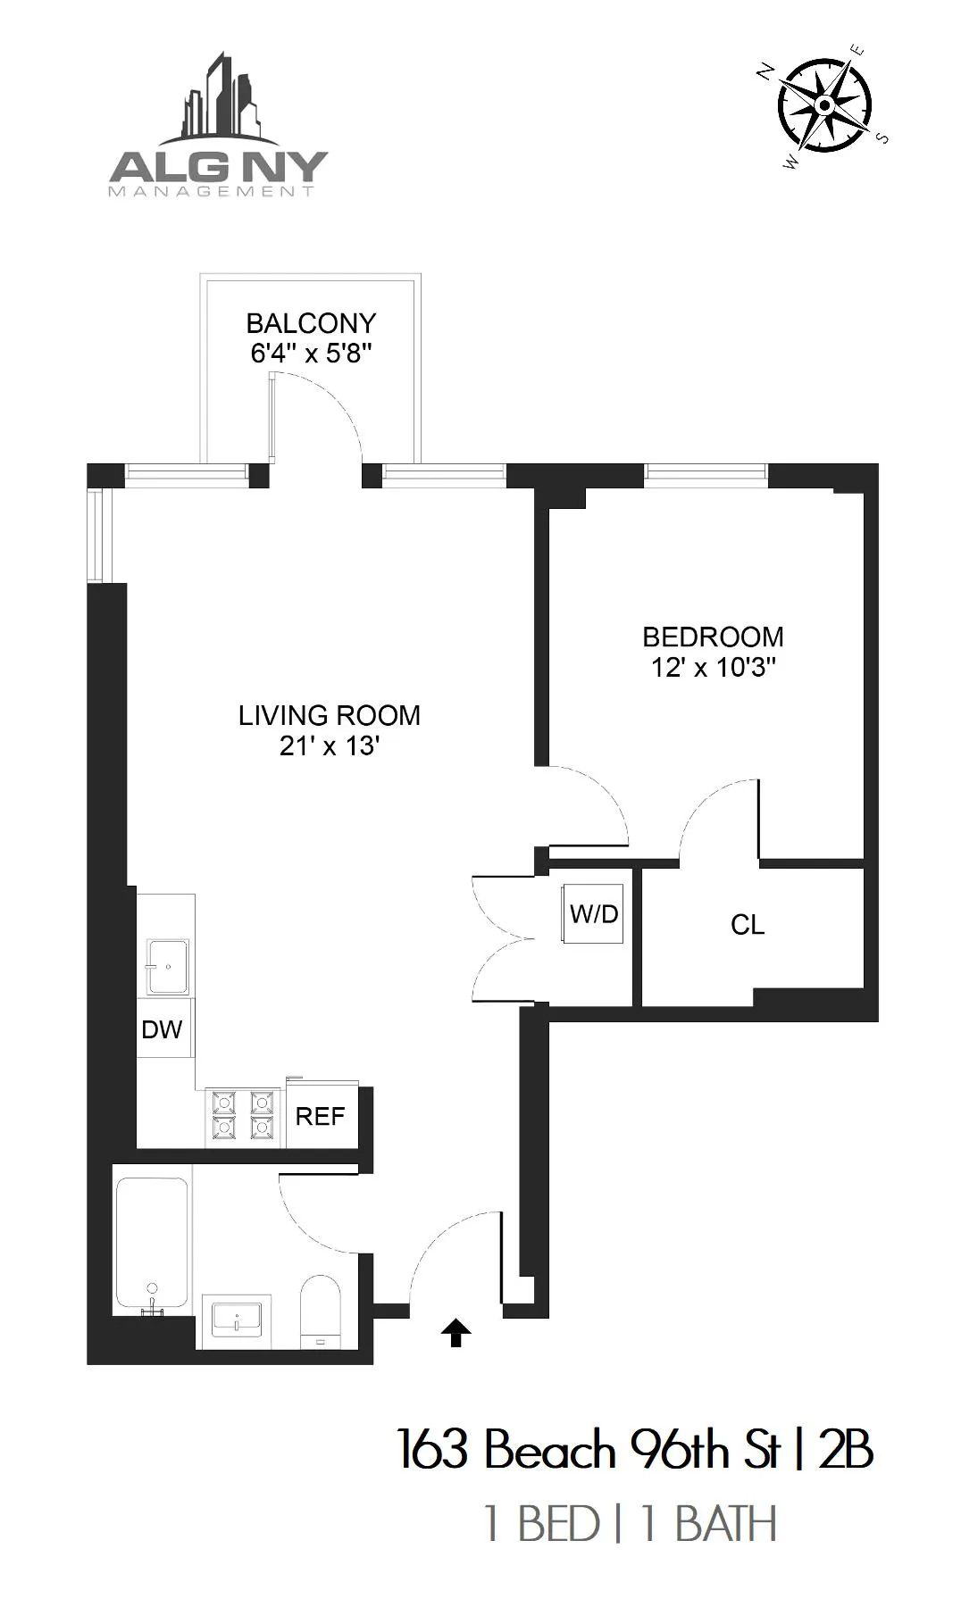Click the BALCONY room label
(x=311, y=323)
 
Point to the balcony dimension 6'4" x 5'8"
(x=311, y=354)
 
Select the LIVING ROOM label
(x=330, y=715)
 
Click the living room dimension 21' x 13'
(x=330, y=746)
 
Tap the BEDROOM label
(x=713, y=637)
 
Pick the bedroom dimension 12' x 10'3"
(x=713, y=668)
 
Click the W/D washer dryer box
(x=594, y=914)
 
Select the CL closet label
(x=748, y=925)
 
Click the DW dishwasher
(x=163, y=1029)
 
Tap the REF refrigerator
(x=321, y=1116)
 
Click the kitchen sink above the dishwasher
(x=168, y=966)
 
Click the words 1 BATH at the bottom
(x=709, y=1524)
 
